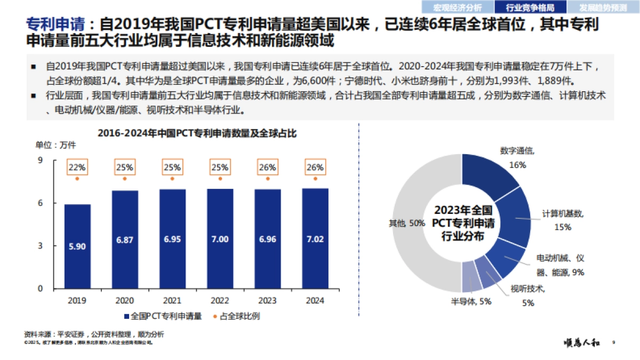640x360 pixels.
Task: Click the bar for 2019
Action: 77,246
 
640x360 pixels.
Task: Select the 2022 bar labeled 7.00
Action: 220,239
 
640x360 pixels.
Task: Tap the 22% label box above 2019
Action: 77,167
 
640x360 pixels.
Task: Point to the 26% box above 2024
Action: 315,167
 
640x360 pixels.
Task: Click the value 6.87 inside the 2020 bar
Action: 125,240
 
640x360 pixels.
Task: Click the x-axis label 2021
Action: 172,300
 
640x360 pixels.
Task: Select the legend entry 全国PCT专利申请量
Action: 163,316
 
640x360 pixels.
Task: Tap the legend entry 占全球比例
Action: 240,316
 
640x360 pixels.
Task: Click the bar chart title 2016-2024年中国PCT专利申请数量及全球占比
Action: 197,134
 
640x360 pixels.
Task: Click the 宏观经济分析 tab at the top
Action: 457,7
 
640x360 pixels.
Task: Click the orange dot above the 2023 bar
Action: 268,179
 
